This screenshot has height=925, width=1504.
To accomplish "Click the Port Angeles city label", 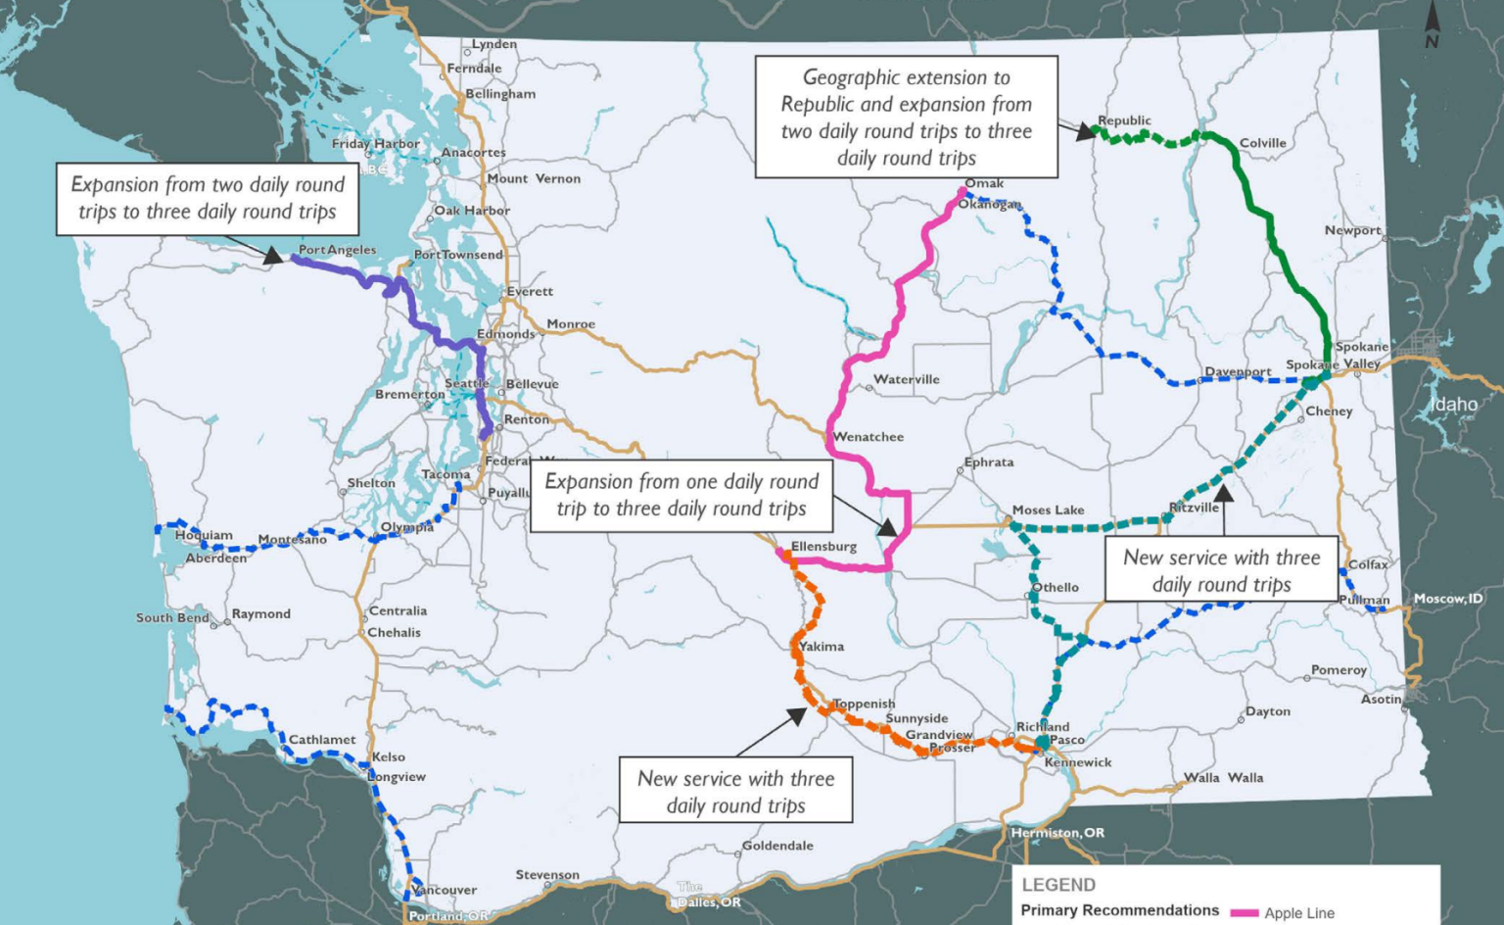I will [x=337, y=250].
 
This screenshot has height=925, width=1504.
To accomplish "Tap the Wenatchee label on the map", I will [x=869, y=437].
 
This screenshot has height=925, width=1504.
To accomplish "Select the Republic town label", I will [x=1124, y=121].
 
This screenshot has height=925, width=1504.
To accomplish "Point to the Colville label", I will [x=1262, y=143].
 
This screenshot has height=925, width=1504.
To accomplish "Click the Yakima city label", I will [x=822, y=647].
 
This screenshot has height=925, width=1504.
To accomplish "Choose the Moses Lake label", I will [x=1048, y=510].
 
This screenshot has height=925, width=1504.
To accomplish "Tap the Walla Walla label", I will [x=1223, y=778].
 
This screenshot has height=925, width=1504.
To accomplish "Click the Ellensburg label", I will [x=823, y=547].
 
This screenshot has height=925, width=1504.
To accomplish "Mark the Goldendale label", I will [x=777, y=846].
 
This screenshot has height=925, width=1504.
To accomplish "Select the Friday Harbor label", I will [x=376, y=143].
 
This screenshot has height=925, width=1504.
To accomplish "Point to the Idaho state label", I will [x=1454, y=404].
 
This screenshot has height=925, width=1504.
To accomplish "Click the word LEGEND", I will [x=1058, y=885].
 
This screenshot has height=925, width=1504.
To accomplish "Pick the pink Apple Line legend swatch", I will [x=1245, y=913].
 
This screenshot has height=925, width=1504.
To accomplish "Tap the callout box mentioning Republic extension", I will [x=906, y=117].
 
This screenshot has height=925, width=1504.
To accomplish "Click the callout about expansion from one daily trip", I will [x=681, y=495].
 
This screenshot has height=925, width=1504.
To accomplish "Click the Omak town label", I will [x=984, y=183].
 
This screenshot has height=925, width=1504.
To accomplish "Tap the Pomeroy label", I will [x=1339, y=670].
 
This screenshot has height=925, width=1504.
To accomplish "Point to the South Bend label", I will [x=172, y=618].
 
